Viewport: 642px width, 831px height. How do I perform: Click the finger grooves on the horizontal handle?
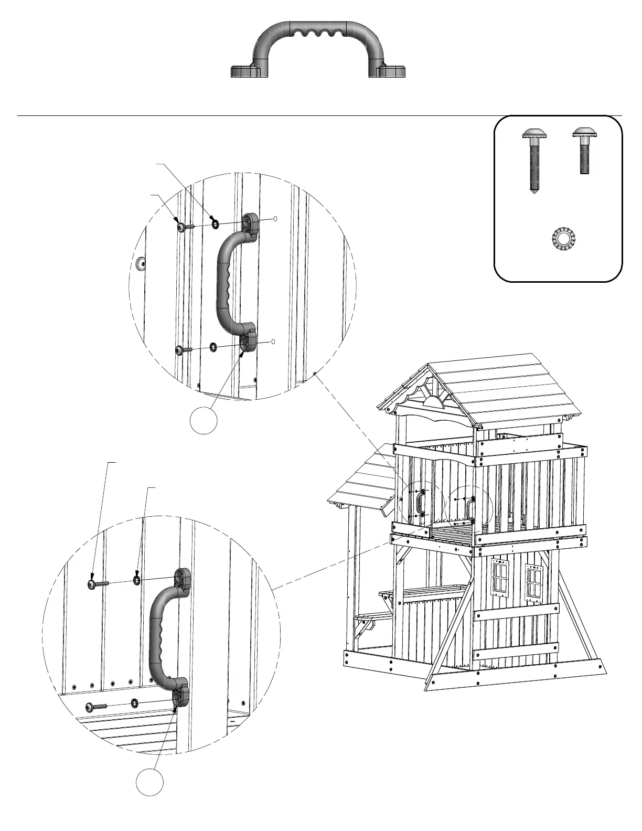pyautogui.click(x=319, y=35)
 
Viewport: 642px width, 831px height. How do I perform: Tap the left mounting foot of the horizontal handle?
pyautogui.click(x=247, y=71)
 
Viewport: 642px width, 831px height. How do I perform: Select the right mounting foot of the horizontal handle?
pyautogui.click(x=390, y=71)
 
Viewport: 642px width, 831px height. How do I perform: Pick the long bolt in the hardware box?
pyautogui.click(x=534, y=160)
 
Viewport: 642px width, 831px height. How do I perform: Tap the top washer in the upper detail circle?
pyautogui.click(x=215, y=225)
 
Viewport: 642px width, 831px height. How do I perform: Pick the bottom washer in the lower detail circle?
pyautogui.click(x=135, y=702)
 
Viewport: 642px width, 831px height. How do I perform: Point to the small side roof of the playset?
pyautogui.click(x=362, y=483)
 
